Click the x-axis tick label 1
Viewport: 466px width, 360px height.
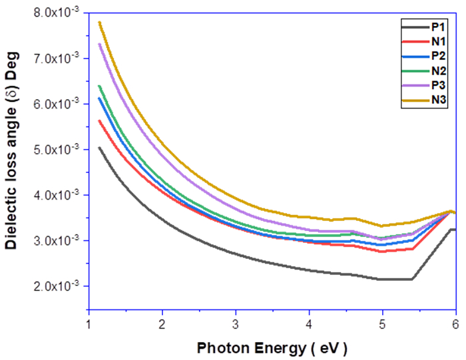89,322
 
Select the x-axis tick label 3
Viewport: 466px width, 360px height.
236,322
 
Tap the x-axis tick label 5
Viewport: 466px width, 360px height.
382,322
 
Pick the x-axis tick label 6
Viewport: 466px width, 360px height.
455,322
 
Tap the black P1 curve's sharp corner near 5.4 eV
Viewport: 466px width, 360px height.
412,279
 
